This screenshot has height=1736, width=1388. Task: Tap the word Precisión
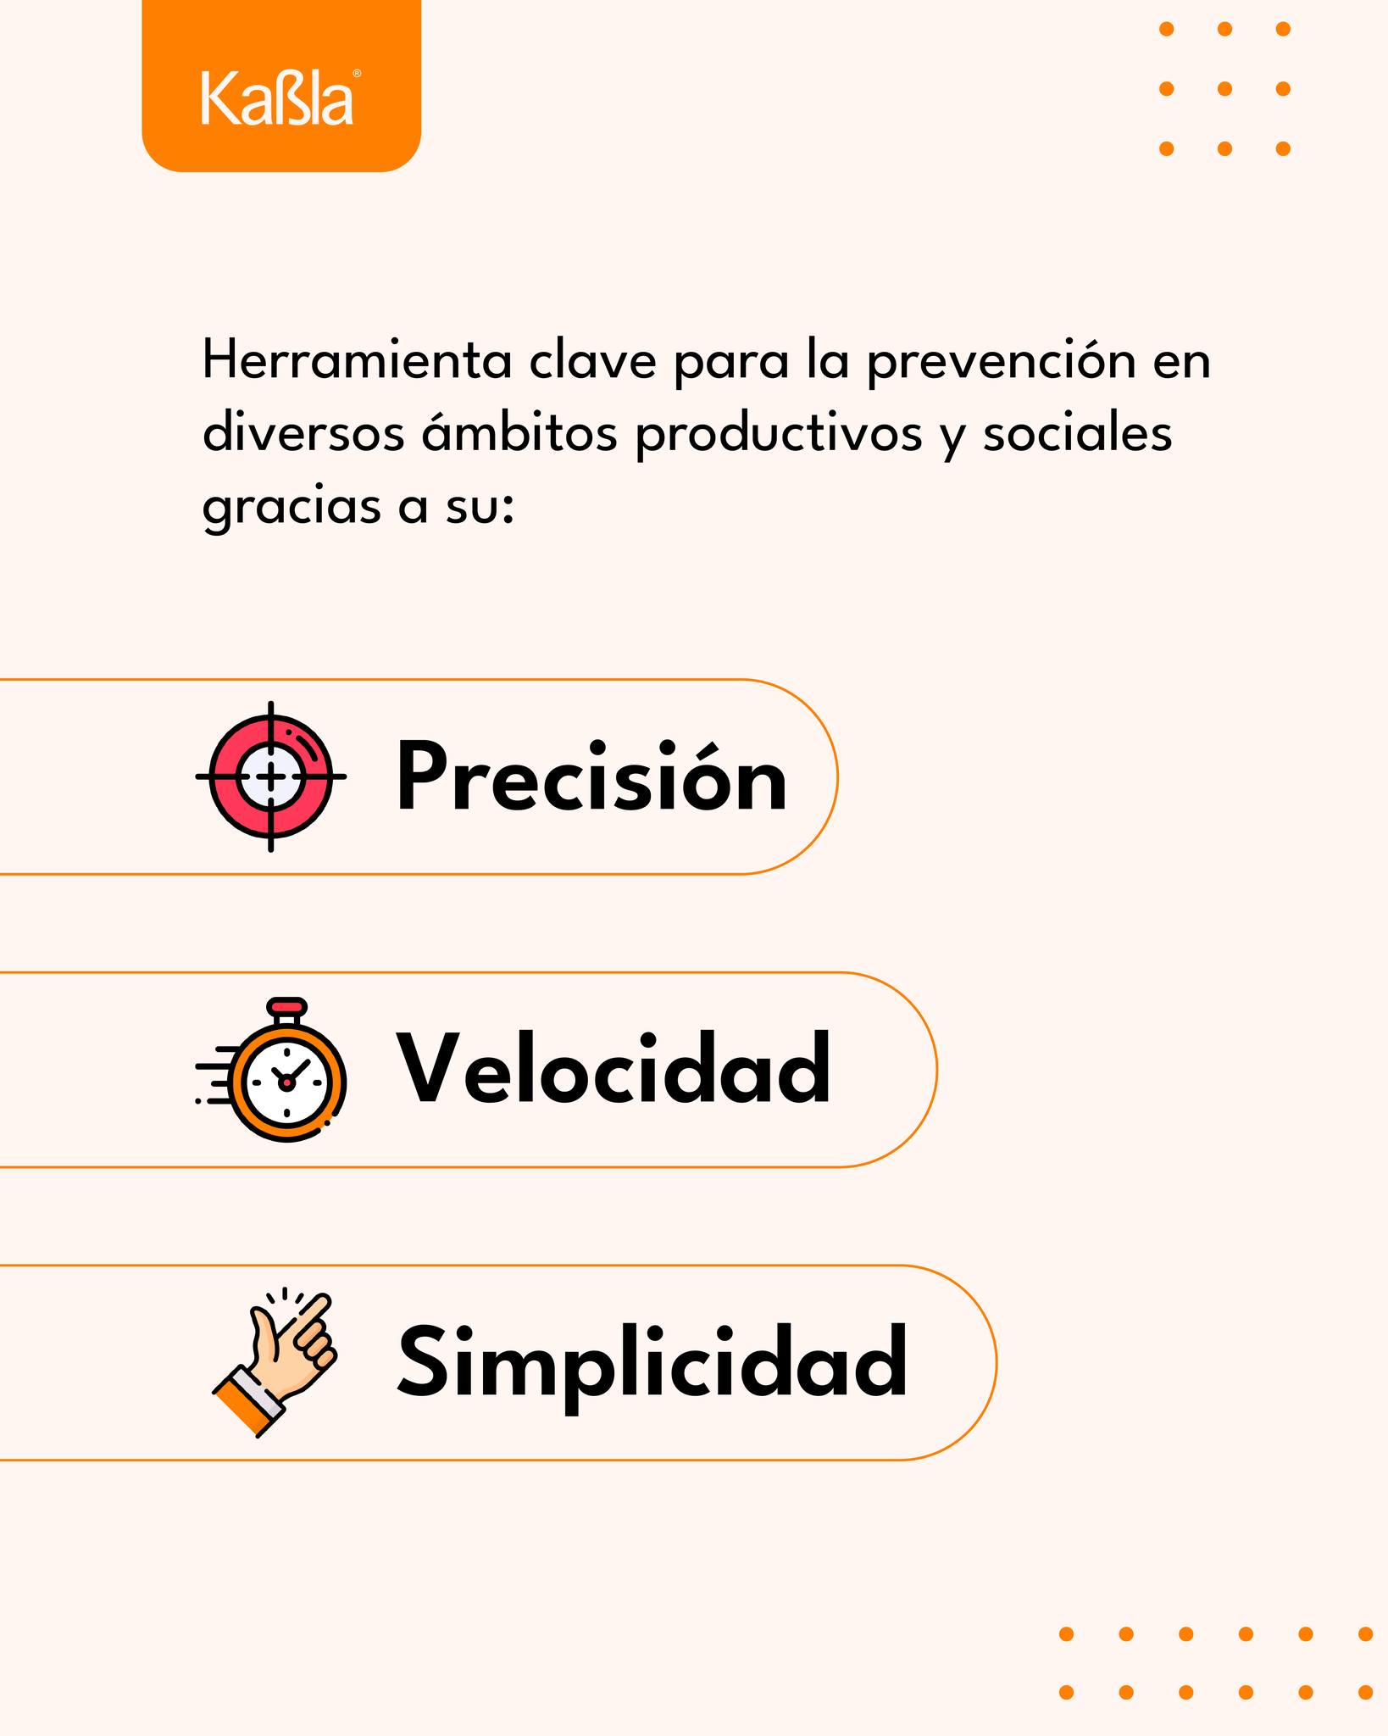[591, 776]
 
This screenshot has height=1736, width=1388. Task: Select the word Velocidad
[614, 1069]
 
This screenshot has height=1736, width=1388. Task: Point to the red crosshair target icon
[271, 776]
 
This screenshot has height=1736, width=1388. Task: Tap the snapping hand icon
[274, 1362]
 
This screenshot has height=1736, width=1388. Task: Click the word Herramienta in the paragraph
[357, 361]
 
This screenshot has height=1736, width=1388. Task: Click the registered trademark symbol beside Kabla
[357, 74]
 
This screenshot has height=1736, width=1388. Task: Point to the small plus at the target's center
[271, 776]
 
